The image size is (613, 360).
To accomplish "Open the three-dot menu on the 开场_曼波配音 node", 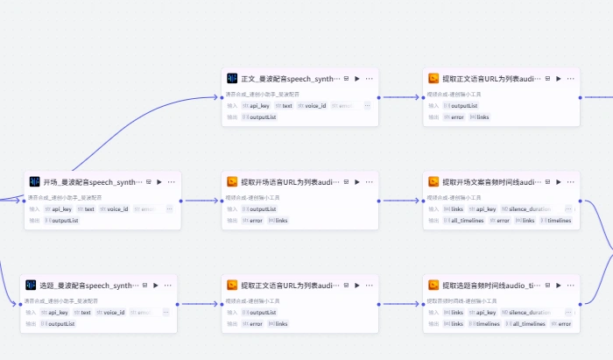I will [x=172, y=182].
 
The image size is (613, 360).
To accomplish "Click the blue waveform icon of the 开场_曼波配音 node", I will [x=34, y=182].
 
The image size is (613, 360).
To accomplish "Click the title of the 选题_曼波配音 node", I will [x=84, y=286].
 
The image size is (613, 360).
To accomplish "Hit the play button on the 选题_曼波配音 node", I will [x=156, y=286].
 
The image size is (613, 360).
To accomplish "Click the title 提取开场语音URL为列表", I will [x=292, y=182].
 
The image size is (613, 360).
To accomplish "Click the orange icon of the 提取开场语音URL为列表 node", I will [x=232, y=182].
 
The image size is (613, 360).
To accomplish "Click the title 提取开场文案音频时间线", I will [x=493, y=182].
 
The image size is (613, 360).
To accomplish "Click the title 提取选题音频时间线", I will [x=493, y=286].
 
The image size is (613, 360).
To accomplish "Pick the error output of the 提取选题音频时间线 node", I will [x=563, y=324].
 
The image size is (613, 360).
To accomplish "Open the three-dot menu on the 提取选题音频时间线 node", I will [x=570, y=286].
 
